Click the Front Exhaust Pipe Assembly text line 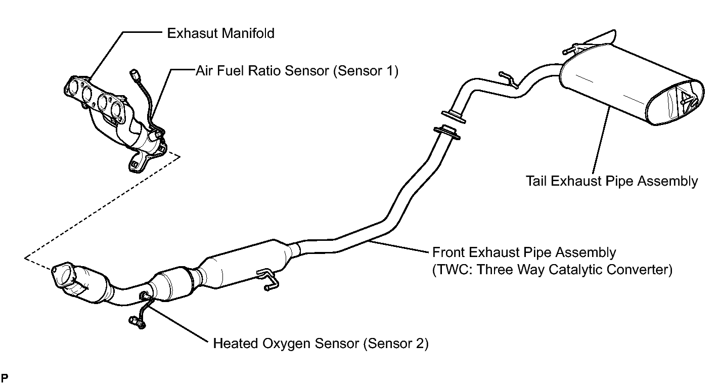coord(524,252)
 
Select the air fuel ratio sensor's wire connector coord(134,75)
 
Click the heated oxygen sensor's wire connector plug coord(134,320)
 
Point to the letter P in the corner coord(5,377)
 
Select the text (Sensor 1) coord(365,71)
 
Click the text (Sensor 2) coord(395,344)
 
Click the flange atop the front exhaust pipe coord(446,132)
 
